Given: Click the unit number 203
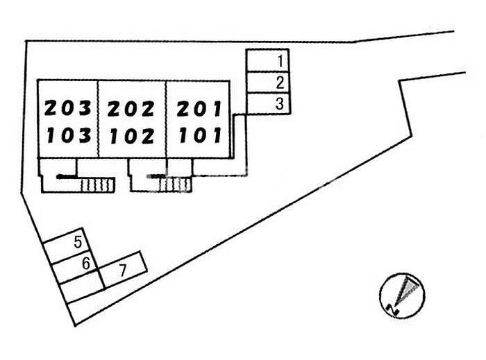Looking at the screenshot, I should coord(68,109).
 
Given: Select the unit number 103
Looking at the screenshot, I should coord(68,135).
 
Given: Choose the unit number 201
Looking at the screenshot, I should coord(198,109).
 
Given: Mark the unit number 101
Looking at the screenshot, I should coord(198,135).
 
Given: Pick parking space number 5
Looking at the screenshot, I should coord(65,244).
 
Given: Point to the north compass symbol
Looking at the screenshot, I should coord(402,294).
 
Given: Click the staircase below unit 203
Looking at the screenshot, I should coord(96,185).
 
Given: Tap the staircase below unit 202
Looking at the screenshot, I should coord(177,184).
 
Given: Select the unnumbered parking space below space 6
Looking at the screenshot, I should coord(82,287).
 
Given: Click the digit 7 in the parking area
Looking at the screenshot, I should coord(122,271).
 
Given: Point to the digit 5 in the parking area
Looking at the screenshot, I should coord(78,242).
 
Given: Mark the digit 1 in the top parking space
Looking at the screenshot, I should coord(279,60).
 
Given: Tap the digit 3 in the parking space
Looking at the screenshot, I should coord(279,105).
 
